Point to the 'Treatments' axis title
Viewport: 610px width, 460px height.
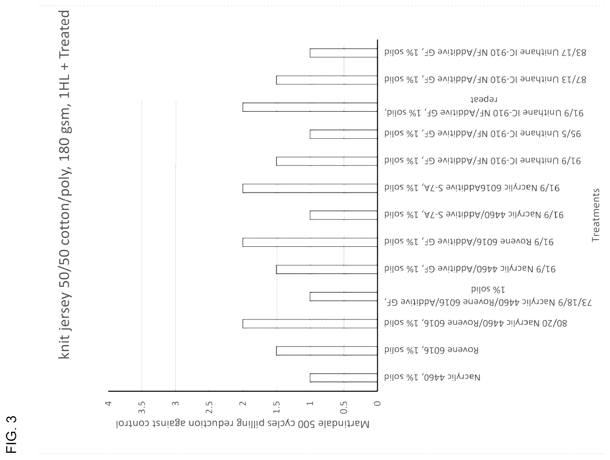coord(596,215)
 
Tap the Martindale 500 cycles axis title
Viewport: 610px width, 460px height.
coord(243,424)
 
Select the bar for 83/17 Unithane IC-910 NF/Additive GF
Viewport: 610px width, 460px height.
coord(343,53)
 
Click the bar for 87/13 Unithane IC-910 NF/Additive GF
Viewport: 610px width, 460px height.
coord(327,80)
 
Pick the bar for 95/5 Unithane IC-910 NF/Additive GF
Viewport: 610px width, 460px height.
coord(343,134)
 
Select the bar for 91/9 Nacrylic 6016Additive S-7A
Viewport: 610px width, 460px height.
coord(310,188)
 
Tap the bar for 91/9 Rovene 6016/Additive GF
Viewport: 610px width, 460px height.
coord(310,242)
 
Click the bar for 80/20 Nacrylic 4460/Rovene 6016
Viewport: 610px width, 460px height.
coord(310,324)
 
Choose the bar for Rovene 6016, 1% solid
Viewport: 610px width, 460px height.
coord(327,351)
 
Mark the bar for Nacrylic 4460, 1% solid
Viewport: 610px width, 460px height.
coord(343,378)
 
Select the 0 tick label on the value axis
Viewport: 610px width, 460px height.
coord(377,403)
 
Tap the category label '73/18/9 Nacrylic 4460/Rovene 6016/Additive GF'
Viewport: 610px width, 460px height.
coord(488,302)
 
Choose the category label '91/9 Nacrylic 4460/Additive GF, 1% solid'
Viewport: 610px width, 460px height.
coord(470,269)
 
